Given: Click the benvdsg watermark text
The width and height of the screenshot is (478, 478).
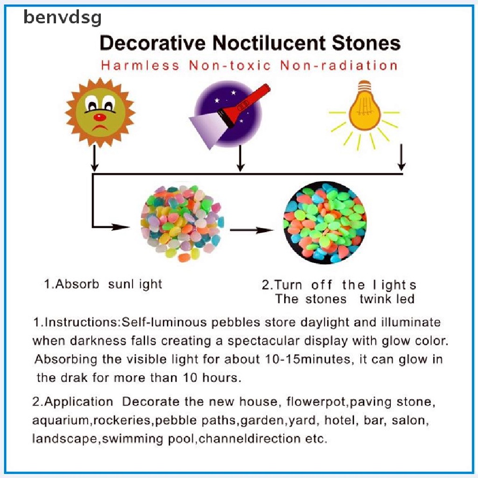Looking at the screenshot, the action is (62, 18).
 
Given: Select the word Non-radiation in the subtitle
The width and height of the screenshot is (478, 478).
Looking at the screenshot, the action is (339, 65).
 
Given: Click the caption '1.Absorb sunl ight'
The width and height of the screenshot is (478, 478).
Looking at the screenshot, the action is (103, 284).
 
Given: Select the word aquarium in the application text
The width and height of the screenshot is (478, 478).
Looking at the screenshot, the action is (61, 420).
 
